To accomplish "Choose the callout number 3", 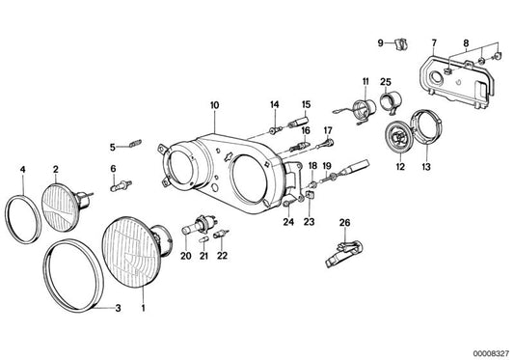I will tap(119, 310).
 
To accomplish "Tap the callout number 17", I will tap(328, 130).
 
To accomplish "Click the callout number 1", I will tap(146, 310).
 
